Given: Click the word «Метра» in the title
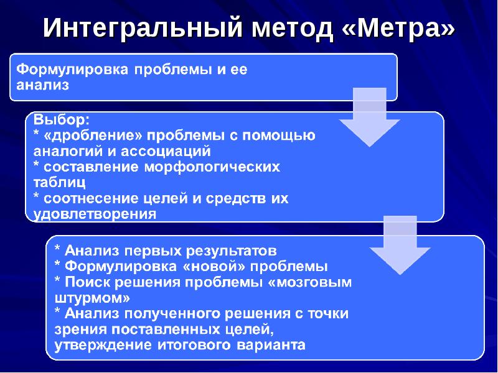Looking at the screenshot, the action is click(x=399, y=29).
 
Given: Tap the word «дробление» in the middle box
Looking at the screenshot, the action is click(x=88, y=135).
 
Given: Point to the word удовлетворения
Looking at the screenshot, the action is click(x=94, y=214).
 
